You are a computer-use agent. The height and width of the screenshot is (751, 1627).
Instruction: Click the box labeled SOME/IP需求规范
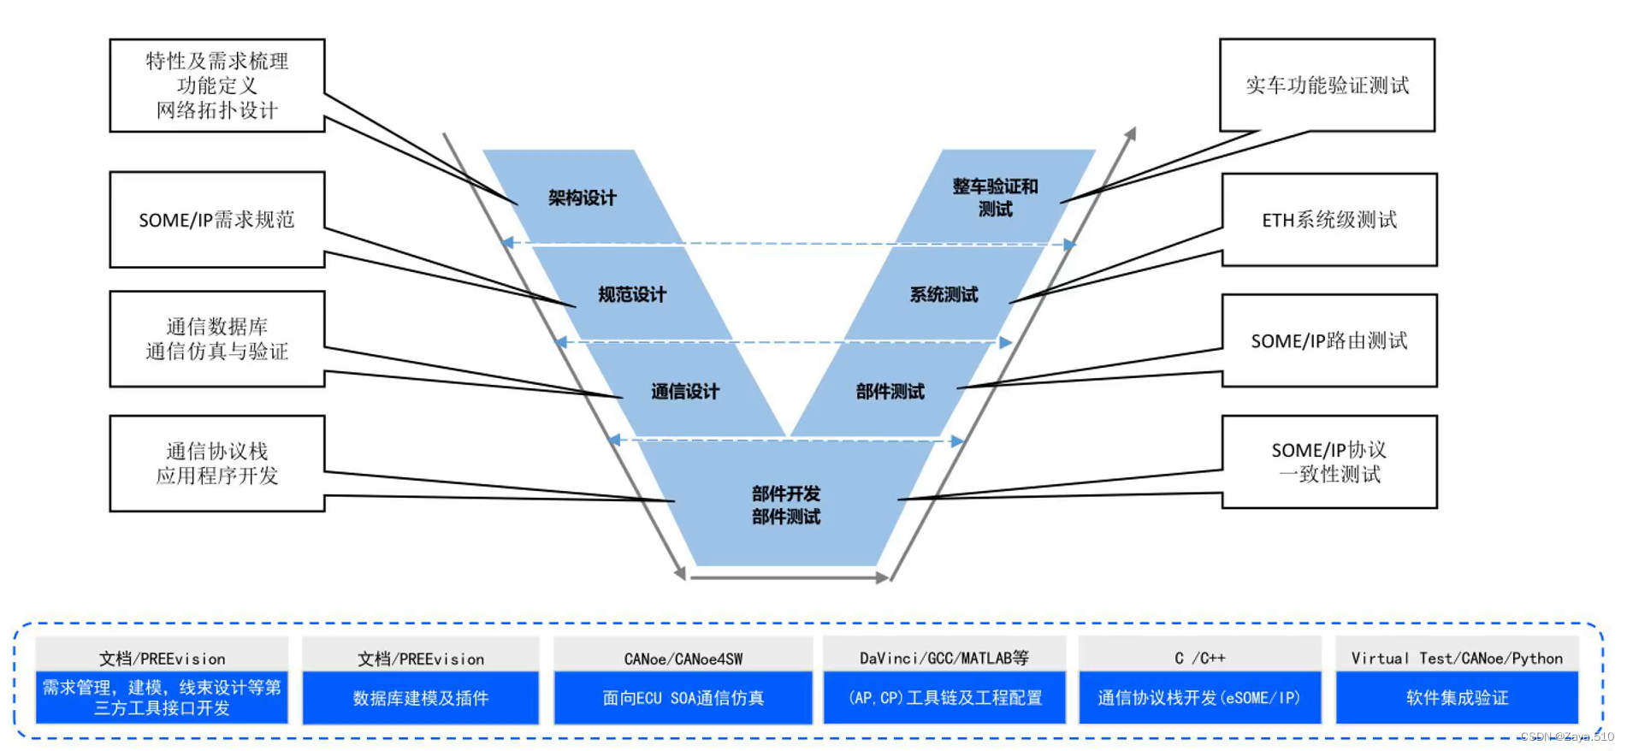click(216, 220)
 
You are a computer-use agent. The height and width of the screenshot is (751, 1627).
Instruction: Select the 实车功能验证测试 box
click(1327, 85)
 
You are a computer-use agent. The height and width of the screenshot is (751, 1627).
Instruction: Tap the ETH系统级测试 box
click(1329, 220)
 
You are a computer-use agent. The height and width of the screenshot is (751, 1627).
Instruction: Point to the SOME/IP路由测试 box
click(1329, 340)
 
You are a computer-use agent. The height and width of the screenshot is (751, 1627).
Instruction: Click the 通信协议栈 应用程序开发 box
click(216, 464)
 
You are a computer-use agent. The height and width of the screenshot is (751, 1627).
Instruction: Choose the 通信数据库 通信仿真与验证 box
click(216, 339)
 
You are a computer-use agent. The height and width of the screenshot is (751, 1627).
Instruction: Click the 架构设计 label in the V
click(582, 198)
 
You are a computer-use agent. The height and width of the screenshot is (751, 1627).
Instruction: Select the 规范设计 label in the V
click(631, 294)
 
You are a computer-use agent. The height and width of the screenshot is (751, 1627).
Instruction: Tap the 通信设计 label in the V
click(684, 391)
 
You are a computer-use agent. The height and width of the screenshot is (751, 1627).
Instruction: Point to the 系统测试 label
click(944, 294)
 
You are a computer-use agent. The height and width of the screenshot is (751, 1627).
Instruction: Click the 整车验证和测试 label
click(995, 198)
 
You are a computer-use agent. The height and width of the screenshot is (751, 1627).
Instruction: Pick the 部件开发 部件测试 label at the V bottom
click(785, 505)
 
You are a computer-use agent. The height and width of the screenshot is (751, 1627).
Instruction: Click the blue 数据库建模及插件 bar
click(421, 698)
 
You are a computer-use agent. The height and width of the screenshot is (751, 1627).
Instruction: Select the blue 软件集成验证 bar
click(1457, 698)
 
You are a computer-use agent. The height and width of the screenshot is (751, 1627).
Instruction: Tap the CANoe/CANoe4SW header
click(683, 658)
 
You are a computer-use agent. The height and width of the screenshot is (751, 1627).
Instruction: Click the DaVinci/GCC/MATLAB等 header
click(944, 658)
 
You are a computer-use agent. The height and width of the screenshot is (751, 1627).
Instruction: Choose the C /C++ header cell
click(1199, 658)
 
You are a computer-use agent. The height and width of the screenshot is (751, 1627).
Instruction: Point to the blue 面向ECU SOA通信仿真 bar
click(683, 698)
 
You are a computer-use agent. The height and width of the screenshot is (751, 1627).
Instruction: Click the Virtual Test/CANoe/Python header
click(1457, 658)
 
